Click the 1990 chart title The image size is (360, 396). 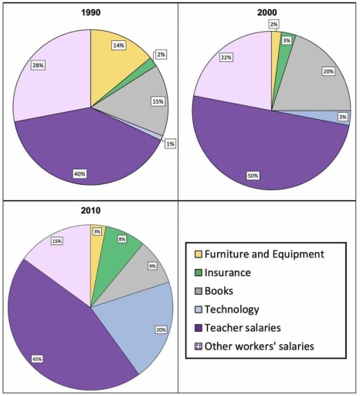(x=90, y=13)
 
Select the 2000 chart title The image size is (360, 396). (x=271, y=13)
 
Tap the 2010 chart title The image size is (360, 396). (x=90, y=210)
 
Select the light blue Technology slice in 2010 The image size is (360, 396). (x=139, y=325)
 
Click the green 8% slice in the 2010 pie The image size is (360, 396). (x=121, y=248)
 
